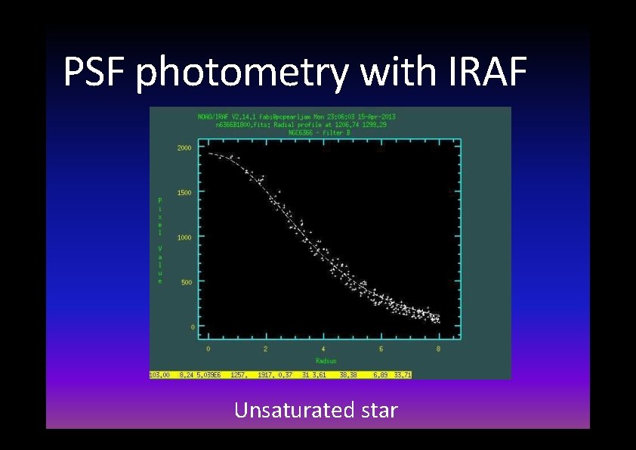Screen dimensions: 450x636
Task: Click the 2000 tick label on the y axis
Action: click(x=184, y=148)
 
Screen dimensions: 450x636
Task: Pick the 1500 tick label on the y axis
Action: click(x=184, y=193)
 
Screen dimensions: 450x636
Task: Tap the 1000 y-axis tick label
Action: click(x=184, y=237)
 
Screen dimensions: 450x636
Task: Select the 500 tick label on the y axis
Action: click(x=186, y=282)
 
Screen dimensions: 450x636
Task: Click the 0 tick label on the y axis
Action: click(x=192, y=327)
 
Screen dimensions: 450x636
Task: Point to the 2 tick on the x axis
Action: click(x=265, y=349)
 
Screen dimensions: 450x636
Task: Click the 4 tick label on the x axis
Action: click(x=323, y=349)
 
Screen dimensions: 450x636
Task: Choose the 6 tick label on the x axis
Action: click(x=381, y=349)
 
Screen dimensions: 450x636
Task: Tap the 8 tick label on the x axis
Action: click(x=438, y=349)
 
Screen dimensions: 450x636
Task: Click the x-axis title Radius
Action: click(x=323, y=360)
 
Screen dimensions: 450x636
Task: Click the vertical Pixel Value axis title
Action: click(x=159, y=241)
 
